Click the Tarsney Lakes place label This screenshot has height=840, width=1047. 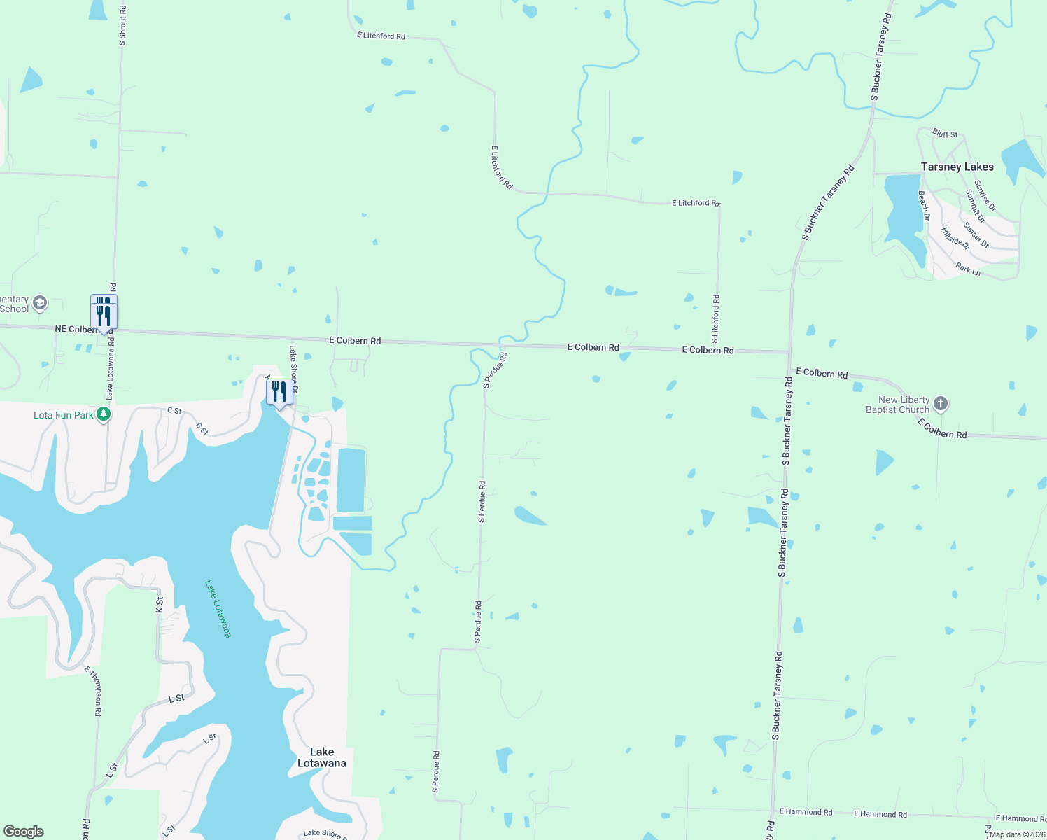pyautogui.click(x=957, y=167)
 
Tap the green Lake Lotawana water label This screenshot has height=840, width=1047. pyautogui.click(x=218, y=608)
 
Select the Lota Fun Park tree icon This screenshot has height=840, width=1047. pyautogui.click(x=104, y=414)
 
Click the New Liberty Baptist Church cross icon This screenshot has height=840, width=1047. pyautogui.click(x=941, y=403)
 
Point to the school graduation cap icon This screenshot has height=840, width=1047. pyautogui.click(x=41, y=303)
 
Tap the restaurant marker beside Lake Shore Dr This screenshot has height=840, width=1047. pyautogui.click(x=279, y=393)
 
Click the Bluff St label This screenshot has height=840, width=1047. pyautogui.click(x=945, y=134)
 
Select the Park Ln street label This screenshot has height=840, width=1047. pyautogui.click(x=968, y=269)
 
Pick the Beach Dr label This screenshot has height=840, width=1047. pyautogui.click(x=923, y=206)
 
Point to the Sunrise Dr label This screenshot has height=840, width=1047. pyautogui.click(x=985, y=196)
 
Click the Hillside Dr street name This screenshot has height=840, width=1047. pyautogui.click(x=955, y=239)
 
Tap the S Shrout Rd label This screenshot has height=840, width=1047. pyautogui.click(x=122, y=26)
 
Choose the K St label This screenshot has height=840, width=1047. pyautogui.click(x=160, y=605)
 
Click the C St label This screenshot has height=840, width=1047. pyautogui.click(x=174, y=411)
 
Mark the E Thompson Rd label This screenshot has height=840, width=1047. pyautogui.click(x=93, y=691)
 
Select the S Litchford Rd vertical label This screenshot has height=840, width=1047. pyautogui.click(x=715, y=318)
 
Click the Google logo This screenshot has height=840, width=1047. pyautogui.click(x=23, y=832)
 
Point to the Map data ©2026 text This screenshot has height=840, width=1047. pyautogui.click(x=1017, y=834)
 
